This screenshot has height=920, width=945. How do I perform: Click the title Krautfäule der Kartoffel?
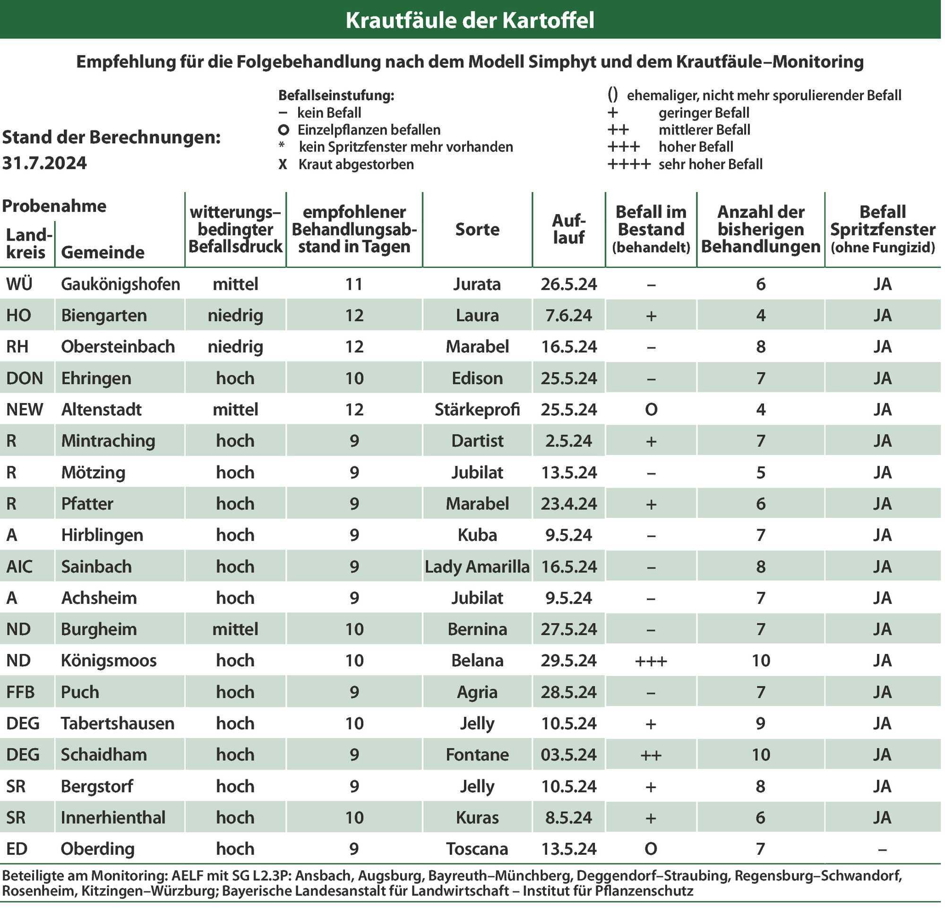(470, 20)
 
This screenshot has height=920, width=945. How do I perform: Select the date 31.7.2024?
(44, 163)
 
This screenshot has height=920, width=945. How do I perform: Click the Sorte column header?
(477, 229)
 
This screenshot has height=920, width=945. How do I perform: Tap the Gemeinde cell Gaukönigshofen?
(120, 284)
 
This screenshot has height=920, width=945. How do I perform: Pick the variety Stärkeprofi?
(477, 410)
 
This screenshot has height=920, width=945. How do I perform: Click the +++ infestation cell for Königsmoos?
(651, 661)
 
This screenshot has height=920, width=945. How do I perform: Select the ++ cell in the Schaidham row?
(651, 755)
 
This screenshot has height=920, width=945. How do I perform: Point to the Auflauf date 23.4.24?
(568, 504)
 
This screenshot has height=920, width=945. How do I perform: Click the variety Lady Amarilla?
(477, 567)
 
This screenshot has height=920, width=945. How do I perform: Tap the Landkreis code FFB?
(20, 692)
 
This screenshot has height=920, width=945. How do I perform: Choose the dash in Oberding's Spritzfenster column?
(882, 849)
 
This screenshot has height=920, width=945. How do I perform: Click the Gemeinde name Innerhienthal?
(113, 817)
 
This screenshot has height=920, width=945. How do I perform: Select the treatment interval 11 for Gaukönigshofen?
(354, 284)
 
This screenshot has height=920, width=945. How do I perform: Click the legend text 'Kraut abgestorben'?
(356, 164)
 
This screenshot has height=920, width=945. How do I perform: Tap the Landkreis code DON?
(25, 378)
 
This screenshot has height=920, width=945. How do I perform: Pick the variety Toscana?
(477, 849)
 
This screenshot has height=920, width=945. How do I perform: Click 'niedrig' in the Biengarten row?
(235, 316)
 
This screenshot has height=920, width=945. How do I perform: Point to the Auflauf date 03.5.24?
(568, 755)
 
